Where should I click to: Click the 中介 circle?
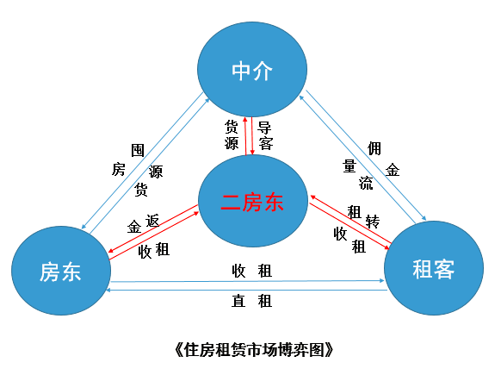[x=252, y=69]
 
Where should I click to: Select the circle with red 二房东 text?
[x=253, y=201]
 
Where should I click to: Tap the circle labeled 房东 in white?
[x=61, y=271]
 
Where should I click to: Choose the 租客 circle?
[x=434, y=268]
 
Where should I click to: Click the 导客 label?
[x=265, y=135]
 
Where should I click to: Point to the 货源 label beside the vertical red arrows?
[x=232, y=135]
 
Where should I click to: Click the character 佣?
[x=374, y=148]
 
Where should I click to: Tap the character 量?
[x=349, y=166]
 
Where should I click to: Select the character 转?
[x=372, y=222]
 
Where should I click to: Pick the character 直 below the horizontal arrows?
[x=238, y=301]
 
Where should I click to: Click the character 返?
[x=152, y=221]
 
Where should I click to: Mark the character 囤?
[x=138, y=150]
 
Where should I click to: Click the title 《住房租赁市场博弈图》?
[x=254, y=349]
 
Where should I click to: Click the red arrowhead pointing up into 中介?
[x=245, y=120]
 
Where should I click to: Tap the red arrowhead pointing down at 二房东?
[x=252, y=152]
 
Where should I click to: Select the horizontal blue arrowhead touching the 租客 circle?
[x=381, y=281]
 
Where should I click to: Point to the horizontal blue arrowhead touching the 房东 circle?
[x=109, y=290]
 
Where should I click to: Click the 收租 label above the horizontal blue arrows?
[x=251, y=271]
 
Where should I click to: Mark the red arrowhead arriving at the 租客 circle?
[x=387, y=247]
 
